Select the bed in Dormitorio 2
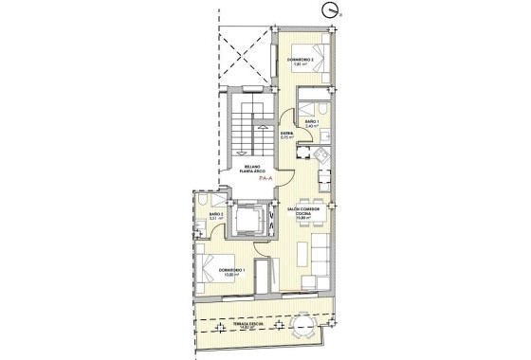click(x=318, y=59)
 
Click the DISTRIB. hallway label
click(x=285, y=135)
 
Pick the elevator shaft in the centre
click(x=251, y=220)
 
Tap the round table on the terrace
click(x=305, y=325)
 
